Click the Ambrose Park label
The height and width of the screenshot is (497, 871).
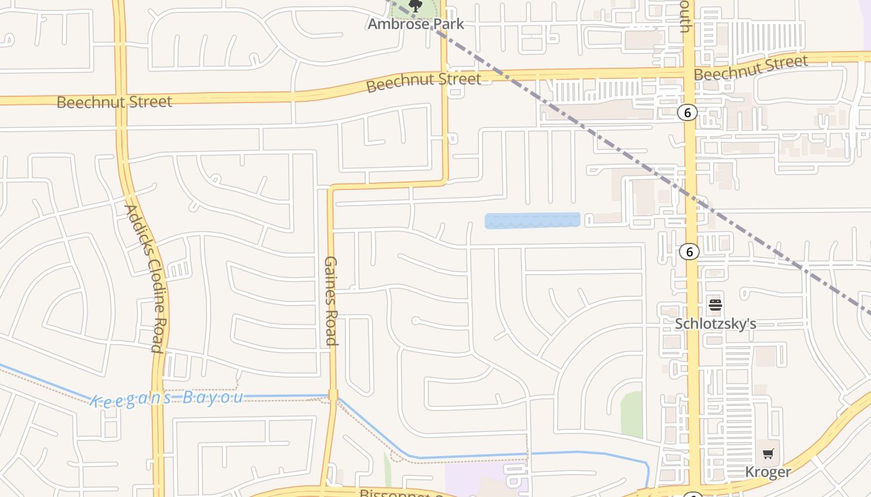(416, 24)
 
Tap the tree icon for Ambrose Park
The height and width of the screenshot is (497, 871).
(416, 6)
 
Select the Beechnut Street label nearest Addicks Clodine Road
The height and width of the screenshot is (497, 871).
(114, 102)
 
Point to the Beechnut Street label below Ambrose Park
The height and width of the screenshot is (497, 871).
(423, 81)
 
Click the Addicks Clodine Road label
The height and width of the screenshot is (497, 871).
(144, 278)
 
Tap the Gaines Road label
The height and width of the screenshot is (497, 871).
(331, 300)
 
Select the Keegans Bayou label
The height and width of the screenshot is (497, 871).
(167, 398)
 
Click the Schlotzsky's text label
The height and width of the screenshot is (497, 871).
(715, 324)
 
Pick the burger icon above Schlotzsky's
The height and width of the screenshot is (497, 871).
(715, 305)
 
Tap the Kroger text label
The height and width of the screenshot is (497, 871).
(768, 472)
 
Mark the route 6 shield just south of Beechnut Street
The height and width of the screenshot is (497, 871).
(687, 112)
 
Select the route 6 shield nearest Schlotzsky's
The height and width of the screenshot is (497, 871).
(689, 252)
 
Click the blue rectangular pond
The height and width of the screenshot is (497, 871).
(532, 221)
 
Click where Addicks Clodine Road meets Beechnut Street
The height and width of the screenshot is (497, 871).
(119, 98)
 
